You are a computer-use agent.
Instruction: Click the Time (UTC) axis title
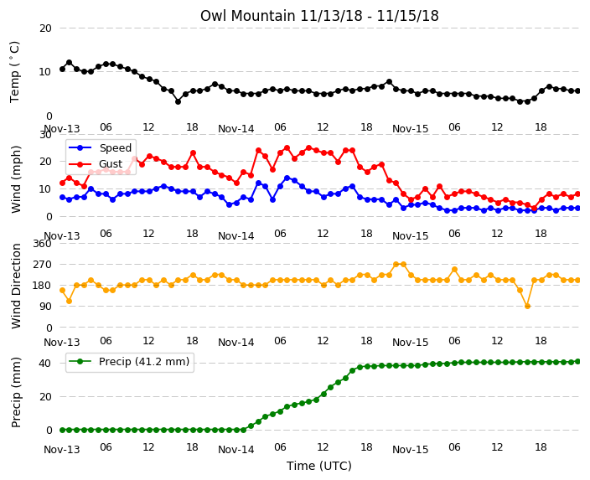(x=319, y=466)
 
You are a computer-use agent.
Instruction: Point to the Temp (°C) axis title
(x=14, y=72)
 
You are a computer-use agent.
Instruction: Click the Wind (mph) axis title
(x=16, y=179)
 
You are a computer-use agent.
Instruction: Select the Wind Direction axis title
(x=16, y=286)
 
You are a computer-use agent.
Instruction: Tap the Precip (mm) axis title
(x=16, y=392)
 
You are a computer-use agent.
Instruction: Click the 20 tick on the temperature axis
(x=45, y=28)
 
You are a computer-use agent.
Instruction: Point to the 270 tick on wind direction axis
(x=42, y=265)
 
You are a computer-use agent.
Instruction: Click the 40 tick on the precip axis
(x=45, y=364)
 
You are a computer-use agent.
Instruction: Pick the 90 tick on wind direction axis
(x=45, y=307)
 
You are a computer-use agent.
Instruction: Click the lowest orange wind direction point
(x=527, y=307)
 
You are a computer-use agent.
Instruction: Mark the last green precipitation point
(x=578, y=362)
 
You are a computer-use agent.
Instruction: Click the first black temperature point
(x=63, y=70)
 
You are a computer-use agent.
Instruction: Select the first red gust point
(x=63, y=183)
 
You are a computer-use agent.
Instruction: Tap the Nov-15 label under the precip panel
(x=410, y=450)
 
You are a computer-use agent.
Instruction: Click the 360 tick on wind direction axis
(x=42, y=244)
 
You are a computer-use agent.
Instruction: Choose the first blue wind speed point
(x=63, y=197)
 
